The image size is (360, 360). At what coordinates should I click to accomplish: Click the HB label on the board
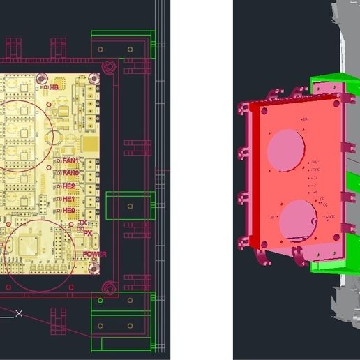coord(54,88)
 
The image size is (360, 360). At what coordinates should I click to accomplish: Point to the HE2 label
coord(68,186)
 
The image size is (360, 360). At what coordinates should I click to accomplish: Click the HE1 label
coord(68,198)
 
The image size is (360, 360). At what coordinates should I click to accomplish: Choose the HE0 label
coord(68,210)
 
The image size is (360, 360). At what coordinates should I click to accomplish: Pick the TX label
coord(83,223)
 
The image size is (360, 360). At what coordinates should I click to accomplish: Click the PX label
coord(87,233)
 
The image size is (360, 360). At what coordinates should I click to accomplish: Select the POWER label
coord(94,254)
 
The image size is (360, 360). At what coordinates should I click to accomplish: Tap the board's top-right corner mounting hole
coord(108,67)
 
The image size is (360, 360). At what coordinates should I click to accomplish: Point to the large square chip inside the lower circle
coord(29,246)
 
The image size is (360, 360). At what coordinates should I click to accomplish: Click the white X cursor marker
coord(20,313)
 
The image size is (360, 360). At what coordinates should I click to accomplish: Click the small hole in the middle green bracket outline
coord(129,207)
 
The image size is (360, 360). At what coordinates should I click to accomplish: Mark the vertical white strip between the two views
coord(202,180)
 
